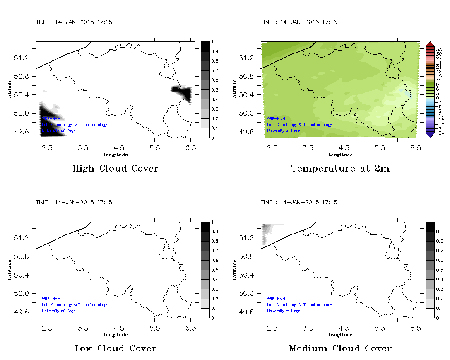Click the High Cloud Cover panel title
click(x=115, y=169)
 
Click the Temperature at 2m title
click(x=340, y=169)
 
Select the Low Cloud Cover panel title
click(x=115, y=348)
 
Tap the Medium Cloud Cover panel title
click(x=340, y=348)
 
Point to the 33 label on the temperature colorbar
click(x=439, y=49)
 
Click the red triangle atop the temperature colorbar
click(x=430, y=44)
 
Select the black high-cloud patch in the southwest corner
click(x=50, y=120)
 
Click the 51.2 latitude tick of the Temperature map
click(x=247, y=58)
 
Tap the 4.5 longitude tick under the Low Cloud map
click(x=119, y=328)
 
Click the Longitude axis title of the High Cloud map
click(x=115, y=155)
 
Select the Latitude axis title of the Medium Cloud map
click(x=235, y=270)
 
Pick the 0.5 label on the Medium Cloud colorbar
click(x=439, y=270)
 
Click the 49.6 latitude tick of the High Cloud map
click(x=22, y=132)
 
